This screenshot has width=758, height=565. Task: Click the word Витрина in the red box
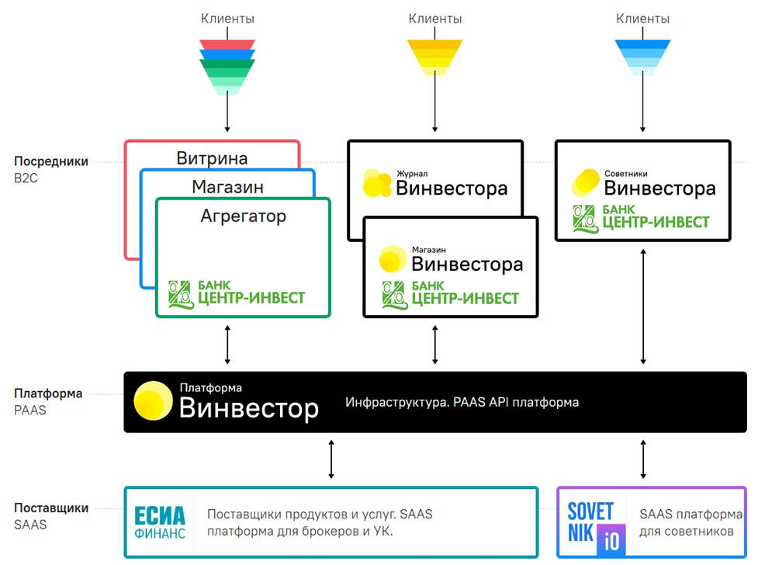pyautogui.click(x=212, y=159)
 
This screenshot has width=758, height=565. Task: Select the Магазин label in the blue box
pyautogui.click(x=227, y=187)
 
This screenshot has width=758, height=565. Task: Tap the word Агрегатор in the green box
pyautogui.click(x=243, y=217)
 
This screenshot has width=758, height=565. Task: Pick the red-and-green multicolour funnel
pyautogui.click(x=227, y=66)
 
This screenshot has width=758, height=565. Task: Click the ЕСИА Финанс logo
pyautogui.click(x=160, y=522)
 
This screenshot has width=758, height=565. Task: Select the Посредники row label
pyautogui.click(x=51, y=161)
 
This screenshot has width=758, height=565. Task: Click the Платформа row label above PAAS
pyautogui.click(x=48, y=393)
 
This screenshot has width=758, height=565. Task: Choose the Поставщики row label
pyautogui.click(x=51, y=508)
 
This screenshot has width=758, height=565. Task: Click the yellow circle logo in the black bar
pyautogui.click(x=153, y=401)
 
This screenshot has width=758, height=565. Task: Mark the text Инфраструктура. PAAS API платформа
pyautogui.click(x=462, y=402)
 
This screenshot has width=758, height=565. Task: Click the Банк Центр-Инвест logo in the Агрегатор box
pyautogui.click(x=237, y=294)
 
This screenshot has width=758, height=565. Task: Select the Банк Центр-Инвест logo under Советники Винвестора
pyautogui.click(x=641, y=219)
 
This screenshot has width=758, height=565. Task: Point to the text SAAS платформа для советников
pyautogui.click(x=691, y=522)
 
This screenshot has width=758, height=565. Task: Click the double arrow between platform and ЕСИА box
pyautogui.click(x=331, y=459)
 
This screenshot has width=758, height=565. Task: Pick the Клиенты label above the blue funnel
pyautogui.click(x=642, y=18)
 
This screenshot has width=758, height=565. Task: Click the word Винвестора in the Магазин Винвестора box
pyautogui.click(x=468, y=264)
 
